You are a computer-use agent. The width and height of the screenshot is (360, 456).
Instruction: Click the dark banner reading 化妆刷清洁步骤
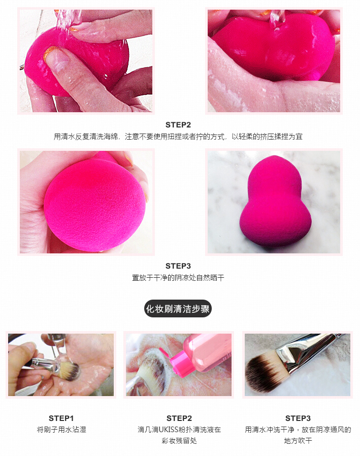tap(178, 308)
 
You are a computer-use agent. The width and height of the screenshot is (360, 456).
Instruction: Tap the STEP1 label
tap(61, 418)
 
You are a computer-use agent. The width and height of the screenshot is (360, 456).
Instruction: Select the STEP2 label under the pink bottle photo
tap(179, 418)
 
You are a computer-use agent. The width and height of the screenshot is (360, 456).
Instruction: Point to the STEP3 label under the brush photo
tap(298, 418)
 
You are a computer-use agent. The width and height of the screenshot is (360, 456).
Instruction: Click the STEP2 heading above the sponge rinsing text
tap(178, 124)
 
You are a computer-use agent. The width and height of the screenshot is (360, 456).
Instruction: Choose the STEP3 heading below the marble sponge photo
tap(178, 266)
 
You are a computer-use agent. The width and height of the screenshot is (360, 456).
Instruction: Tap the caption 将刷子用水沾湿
tap(61, 430)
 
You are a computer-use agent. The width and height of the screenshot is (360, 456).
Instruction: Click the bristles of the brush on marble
tap(264, 373)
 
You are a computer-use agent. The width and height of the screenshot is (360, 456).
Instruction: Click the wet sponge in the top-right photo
tap(274, 48)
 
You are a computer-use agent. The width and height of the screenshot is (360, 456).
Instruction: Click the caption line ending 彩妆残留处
tap(179, 441)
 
